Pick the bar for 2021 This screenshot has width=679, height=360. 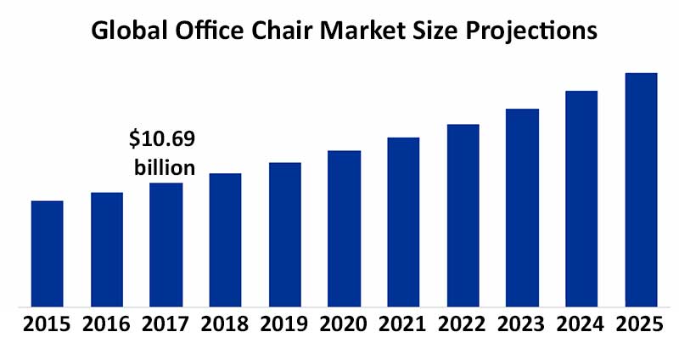pos(403,222)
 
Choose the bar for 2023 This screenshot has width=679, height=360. pos(522,207)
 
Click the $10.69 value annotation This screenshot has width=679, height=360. pos(161,138)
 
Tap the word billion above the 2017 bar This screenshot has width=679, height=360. pos(165,166)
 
